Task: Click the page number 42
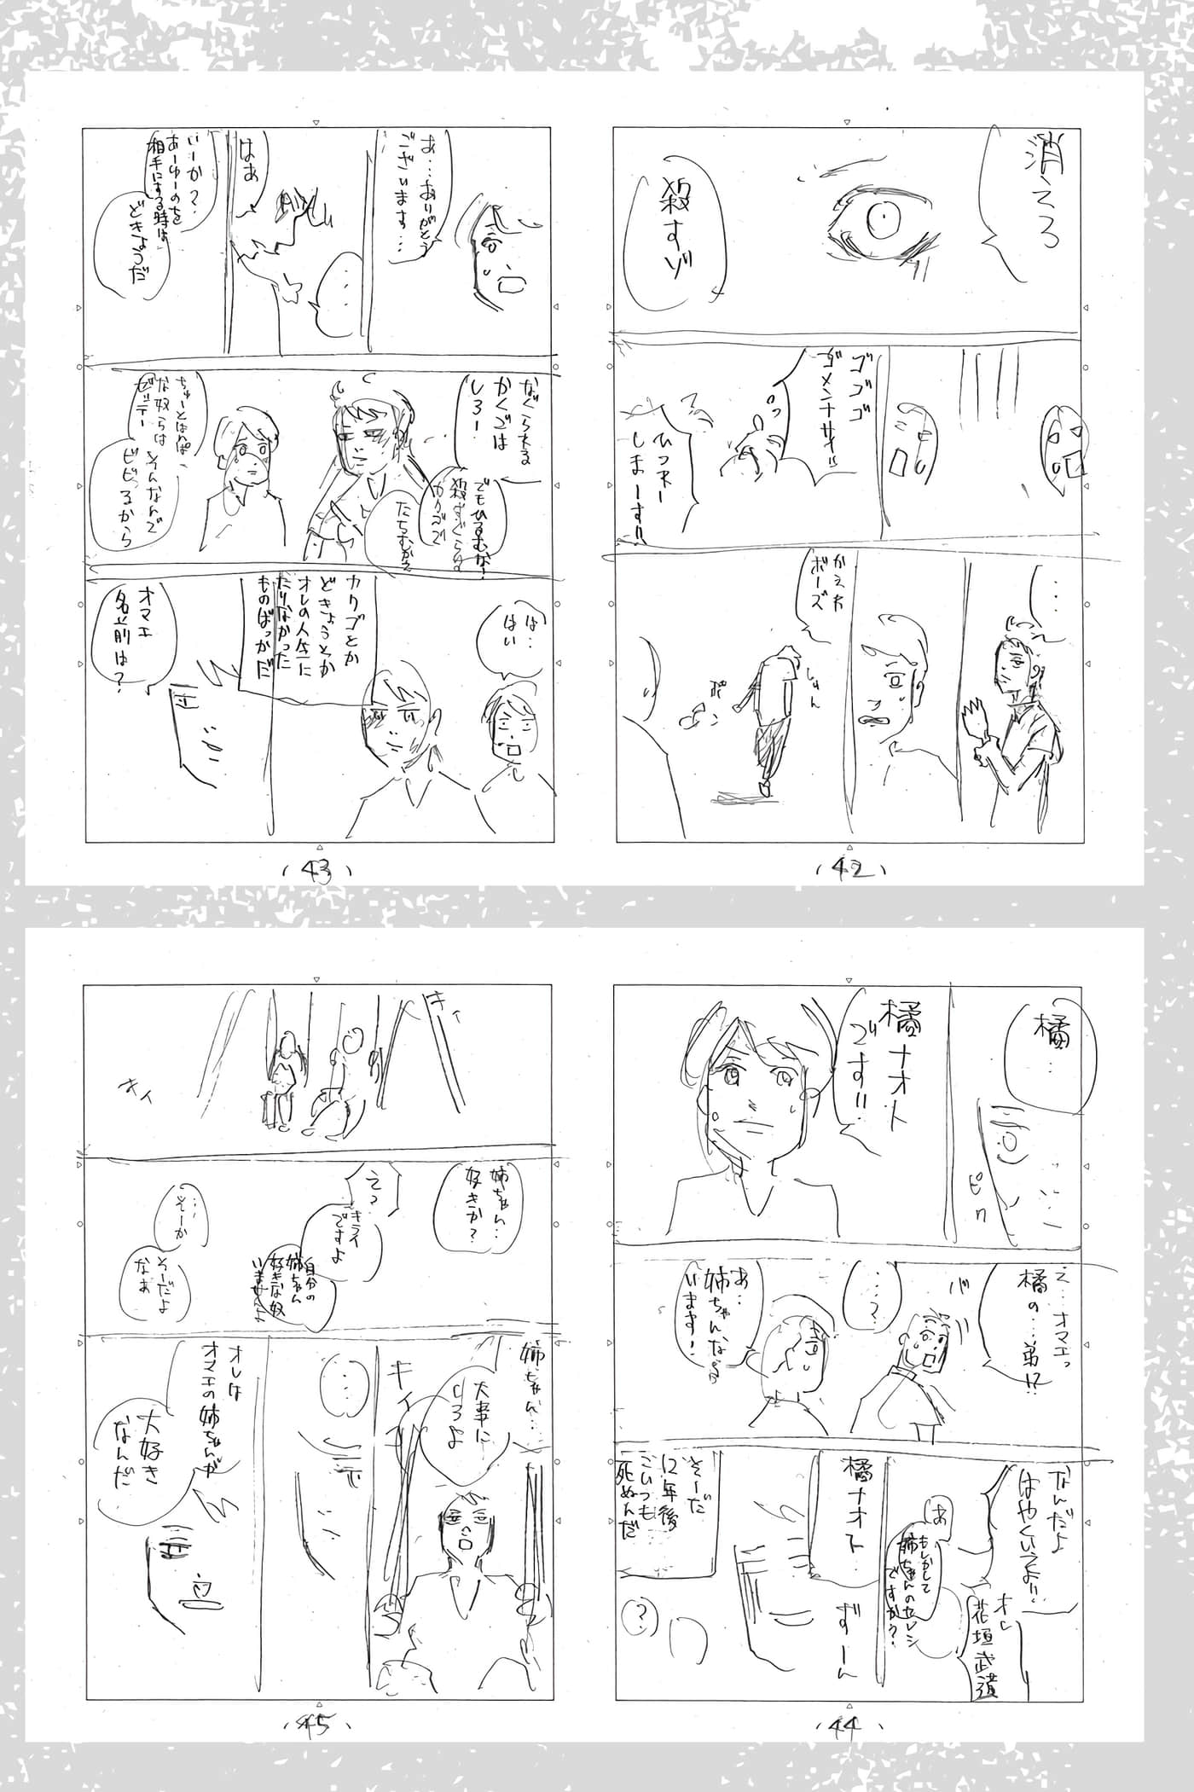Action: pyautogui.click(x=849, y=869)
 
